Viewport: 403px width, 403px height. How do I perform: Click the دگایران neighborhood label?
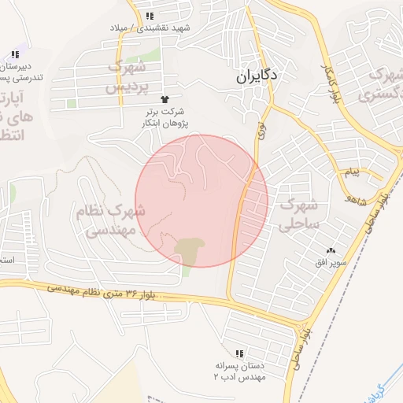click(x=262, y=79)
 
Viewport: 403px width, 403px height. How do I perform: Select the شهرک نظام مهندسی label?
click(x=110, y=220)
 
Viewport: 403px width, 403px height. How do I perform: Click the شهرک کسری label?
click(x=380, y=86)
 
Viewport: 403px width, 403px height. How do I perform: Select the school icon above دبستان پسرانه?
click(x=239, y=353)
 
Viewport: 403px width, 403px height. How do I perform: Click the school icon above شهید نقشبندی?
click(x=150, y=16)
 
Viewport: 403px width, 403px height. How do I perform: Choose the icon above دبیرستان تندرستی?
click(x=15, y=54)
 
